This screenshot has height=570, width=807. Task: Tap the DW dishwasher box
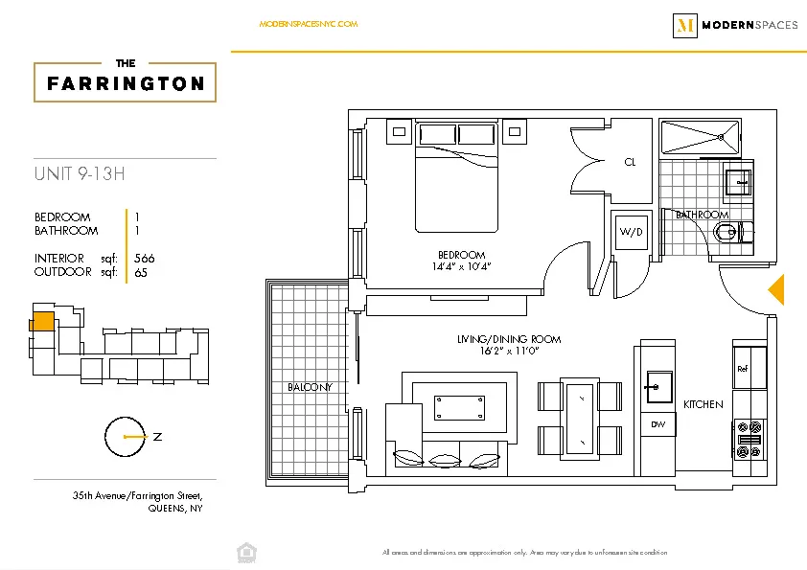click(657, 424)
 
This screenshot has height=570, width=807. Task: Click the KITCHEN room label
click(703, 404)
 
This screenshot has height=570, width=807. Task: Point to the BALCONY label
click(310, 387)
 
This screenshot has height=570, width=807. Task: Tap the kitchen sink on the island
click(658, 384)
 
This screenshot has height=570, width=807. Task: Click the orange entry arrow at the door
click(777, 289)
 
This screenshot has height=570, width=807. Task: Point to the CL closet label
click(630, 163)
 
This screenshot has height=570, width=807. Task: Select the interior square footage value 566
click(145, 259)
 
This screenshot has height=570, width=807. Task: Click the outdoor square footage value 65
click(141, 271)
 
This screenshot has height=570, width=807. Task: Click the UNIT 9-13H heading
click(81, 173)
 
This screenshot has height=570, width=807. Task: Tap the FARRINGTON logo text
click(126, 83)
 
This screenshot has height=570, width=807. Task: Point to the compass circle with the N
click(125, 437)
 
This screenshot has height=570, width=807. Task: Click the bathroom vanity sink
click(740, 180)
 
